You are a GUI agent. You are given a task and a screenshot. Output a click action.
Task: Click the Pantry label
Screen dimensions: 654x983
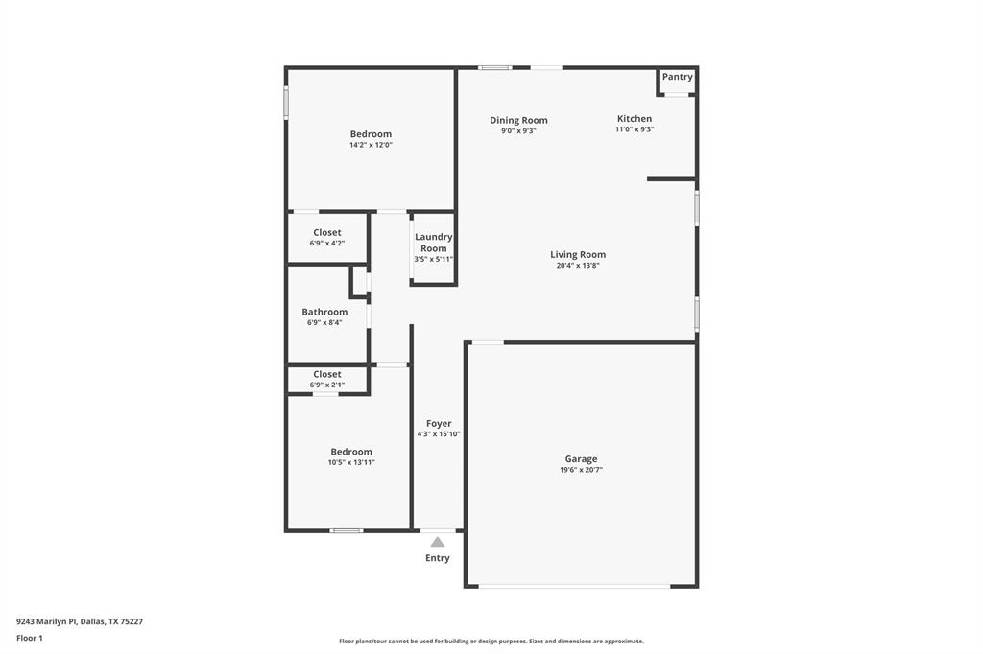pos(677,77)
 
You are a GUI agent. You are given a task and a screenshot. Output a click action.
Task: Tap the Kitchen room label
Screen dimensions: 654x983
pos(634,119)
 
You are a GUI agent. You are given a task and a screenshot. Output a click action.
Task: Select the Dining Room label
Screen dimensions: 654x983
pos(518,120)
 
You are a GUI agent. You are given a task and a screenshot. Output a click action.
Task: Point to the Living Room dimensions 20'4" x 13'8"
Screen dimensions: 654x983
pos(578,266)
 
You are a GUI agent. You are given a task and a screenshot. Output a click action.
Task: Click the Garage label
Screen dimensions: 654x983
pos(581,459)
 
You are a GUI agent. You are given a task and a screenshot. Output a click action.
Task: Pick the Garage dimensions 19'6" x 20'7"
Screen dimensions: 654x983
pos(581,471)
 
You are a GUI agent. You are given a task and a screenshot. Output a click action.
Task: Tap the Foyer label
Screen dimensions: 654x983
pos(439,423)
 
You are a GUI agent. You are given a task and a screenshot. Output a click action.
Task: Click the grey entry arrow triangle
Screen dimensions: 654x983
pos(438,542)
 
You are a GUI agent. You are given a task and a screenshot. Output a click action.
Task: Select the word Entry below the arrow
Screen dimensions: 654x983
pos(438,558)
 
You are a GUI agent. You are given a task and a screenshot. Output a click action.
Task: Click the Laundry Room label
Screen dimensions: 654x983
pos(434,243)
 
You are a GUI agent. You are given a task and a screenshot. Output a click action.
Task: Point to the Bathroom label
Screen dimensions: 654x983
pos(324,312)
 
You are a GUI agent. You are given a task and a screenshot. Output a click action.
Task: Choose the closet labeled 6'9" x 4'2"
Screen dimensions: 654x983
pos(326,238)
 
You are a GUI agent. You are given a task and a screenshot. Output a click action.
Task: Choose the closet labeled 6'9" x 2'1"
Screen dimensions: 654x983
pos(326,380)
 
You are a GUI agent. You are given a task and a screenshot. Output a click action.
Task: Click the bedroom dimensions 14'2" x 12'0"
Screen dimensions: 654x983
pos(371,145)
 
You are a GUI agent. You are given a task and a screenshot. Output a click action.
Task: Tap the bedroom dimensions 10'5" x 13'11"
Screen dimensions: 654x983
pos(351,462)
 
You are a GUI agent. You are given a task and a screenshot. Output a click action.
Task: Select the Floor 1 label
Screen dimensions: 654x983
pos(30,638)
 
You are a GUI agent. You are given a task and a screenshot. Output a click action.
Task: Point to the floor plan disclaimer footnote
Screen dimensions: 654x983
pos(491,642)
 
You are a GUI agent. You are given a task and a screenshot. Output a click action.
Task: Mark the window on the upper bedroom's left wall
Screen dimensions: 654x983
pos(286,104)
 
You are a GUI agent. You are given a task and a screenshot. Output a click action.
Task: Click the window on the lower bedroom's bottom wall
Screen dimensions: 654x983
pos(347,530)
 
